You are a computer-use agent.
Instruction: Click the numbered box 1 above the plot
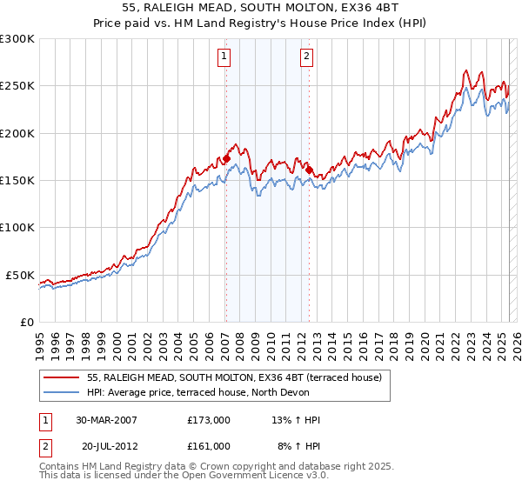[224, 57]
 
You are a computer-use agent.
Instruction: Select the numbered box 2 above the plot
[308, 57]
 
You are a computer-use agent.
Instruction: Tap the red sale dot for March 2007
[226, 159]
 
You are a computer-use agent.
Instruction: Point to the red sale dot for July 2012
[309, 170]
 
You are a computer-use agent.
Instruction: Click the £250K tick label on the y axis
[17, 86]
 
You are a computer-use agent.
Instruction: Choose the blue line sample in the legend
[62, 392]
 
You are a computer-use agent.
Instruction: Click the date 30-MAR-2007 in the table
[106, 420]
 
